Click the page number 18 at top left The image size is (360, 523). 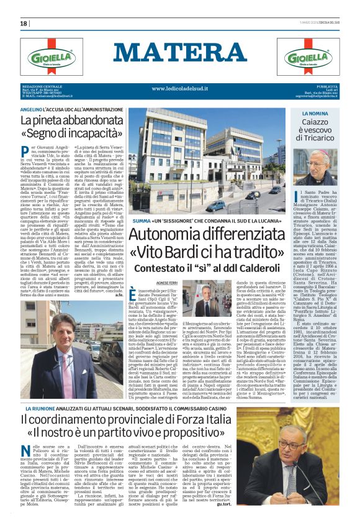coord(24,24)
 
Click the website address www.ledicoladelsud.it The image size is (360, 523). coord(180,89)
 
